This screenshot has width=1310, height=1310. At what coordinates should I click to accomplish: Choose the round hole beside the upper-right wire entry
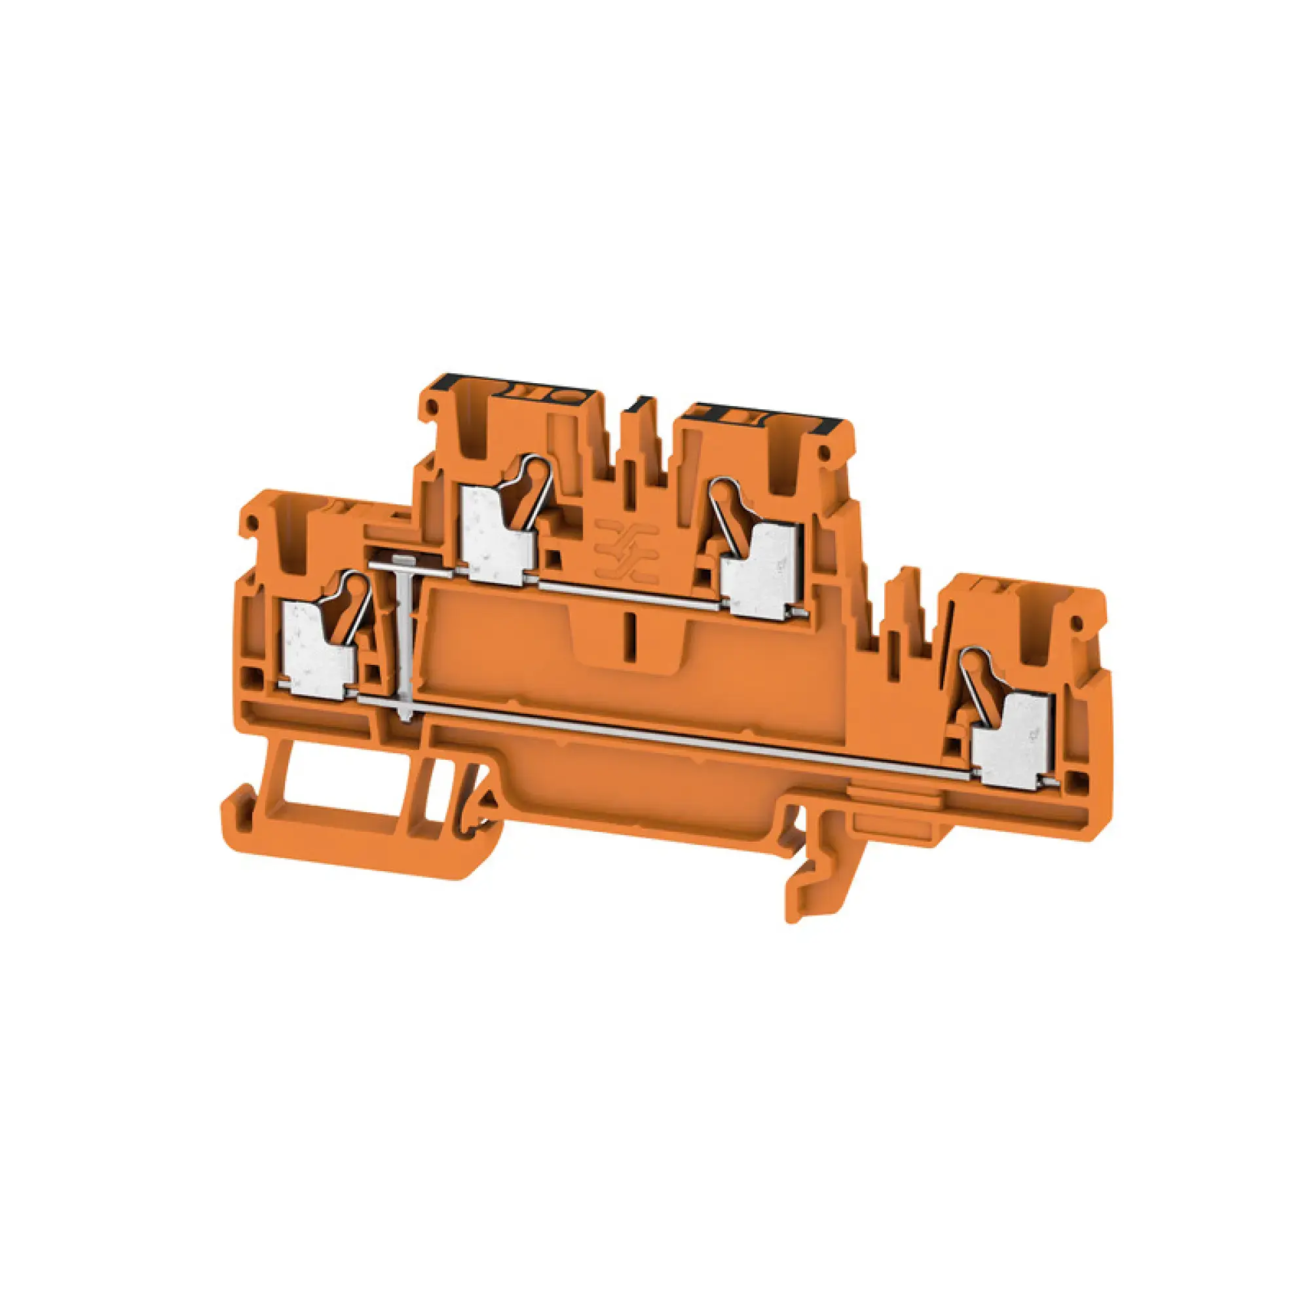[825, 451]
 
